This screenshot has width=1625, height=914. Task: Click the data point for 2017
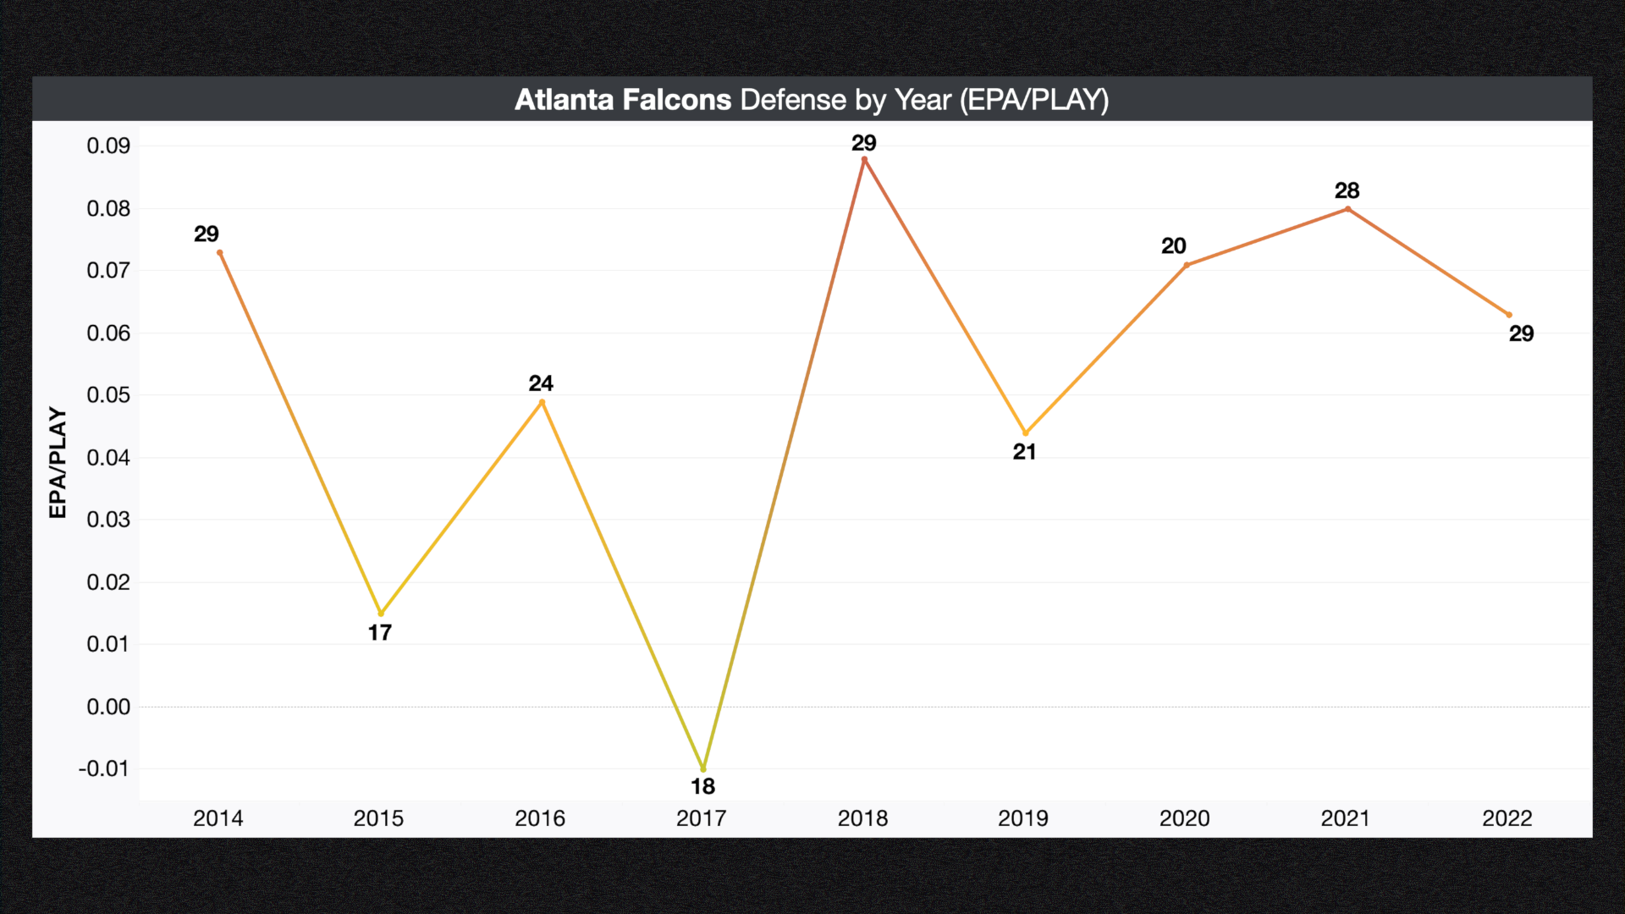click(x=702, y=768)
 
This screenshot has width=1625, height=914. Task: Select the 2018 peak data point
click(x=864, y=159)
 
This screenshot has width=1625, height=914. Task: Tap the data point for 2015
click(x=381, y=613)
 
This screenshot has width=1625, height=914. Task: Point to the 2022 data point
click(x=1508, y=315)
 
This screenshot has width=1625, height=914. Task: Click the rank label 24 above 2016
click(x=541, y=383)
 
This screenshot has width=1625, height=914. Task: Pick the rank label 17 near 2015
click(x=379, y=632)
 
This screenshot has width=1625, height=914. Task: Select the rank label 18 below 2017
click(x=702, y=786)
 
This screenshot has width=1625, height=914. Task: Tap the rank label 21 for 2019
click(x=1024, y=452)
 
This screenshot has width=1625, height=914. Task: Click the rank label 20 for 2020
click(x=1173, y=245)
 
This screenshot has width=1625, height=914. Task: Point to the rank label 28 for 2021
click(x=1347, y=190)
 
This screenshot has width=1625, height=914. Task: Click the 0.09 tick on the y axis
click(x=108, y=146)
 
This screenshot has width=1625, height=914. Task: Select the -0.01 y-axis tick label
click(x=104, y=768)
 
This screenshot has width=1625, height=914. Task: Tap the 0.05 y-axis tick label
click(x=108, y=395)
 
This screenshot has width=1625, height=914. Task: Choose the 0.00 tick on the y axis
click(x=108, y=707)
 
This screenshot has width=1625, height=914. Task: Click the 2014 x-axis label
click(x=218, y=818)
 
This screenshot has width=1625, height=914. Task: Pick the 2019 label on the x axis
click(x=1022, y=818)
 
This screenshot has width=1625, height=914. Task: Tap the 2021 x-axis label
click(x=1345, y=818)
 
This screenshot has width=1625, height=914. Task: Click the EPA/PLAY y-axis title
click(x=58, y=462)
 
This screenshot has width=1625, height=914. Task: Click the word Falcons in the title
click(x=676, y=100)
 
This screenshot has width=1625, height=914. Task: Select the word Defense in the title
click(x=793, y=100)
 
